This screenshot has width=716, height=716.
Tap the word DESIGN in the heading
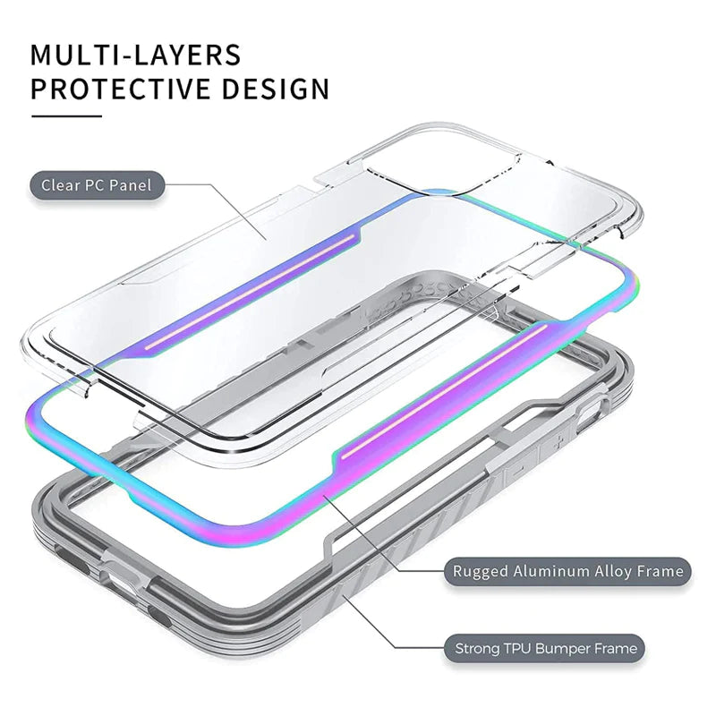click(x=276, y=89)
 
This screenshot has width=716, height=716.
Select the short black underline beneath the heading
click(x=66, y=115)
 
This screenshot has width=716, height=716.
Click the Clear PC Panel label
click(x=97, y=186)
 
